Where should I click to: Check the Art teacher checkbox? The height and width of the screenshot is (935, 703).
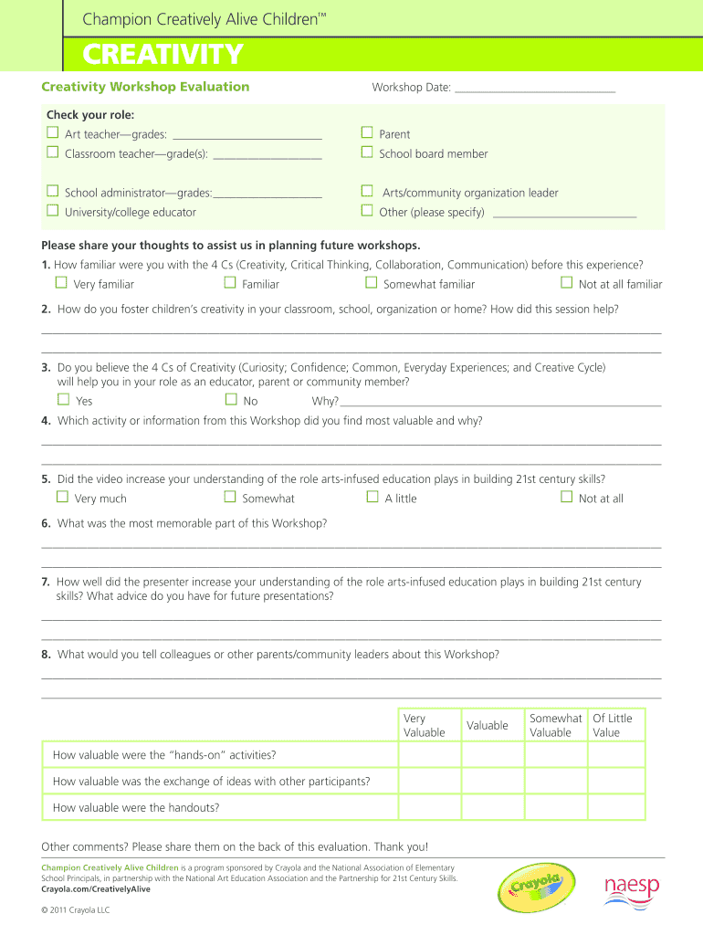pyautogui.click(x=53, y=133)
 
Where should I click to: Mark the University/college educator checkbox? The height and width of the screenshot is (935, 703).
pyautogui.click(x=53, y=211)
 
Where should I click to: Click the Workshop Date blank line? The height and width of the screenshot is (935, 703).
pyautogui.click(x=534, y=89)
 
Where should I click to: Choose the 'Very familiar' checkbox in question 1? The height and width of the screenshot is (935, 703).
pyautogui.click(x=62, y=283)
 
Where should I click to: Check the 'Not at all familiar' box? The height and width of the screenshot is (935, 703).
pyautogui.click(x=566, y=283)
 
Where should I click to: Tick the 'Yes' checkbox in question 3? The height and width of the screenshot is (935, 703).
pyautogui.click(x=63, y=399)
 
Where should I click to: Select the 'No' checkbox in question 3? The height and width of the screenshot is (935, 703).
pyautogui.click(x=231, y=399)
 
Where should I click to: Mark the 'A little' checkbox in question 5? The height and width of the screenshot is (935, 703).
pyautogui.click(x=372, y=497)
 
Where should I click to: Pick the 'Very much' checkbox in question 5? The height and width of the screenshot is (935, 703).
pyautogui.click(x=62, y=497)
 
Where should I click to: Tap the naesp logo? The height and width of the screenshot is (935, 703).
pyautogui.click(x=632, y=888)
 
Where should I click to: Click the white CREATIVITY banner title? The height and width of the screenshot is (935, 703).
pyautogui.click(x=163, y=56)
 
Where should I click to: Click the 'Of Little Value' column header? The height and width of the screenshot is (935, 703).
pyautogui.click(x=613, y=725)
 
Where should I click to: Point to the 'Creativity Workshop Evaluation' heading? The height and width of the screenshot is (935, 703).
pyautogui.click(x=145, y=87)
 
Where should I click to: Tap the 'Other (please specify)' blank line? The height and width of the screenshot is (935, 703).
pyautogui.click(x=563, y=214)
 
